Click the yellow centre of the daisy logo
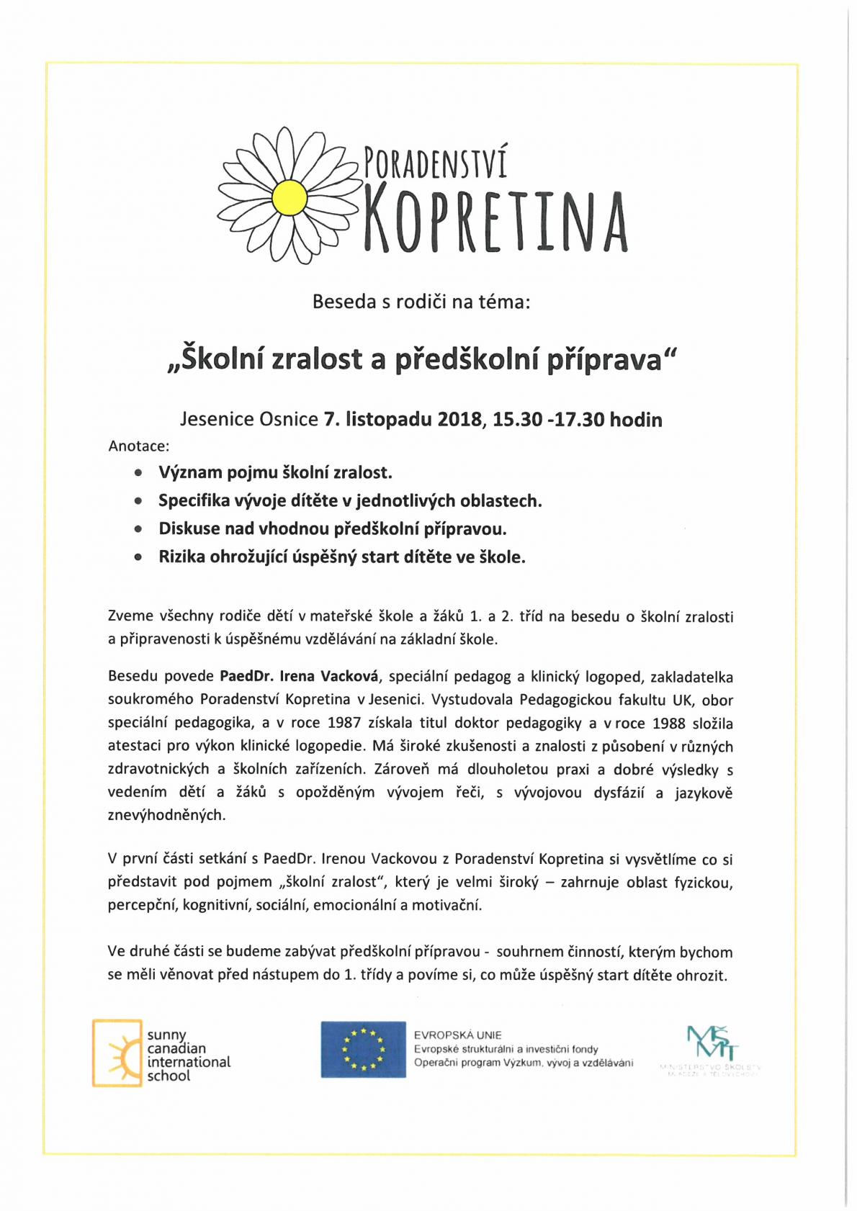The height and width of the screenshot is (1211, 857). (x=290, y=197)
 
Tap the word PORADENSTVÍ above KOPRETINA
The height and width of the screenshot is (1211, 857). (x=435, y=161)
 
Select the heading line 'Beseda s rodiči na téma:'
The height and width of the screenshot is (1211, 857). (x=421, y=302)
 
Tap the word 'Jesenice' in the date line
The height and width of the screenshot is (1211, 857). (x=212, y=419)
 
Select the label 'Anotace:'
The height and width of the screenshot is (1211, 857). (x=139, y=446)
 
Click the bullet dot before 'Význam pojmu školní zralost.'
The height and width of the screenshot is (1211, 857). (x=138, y=474)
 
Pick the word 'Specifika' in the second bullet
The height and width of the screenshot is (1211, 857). (x=191, y=501)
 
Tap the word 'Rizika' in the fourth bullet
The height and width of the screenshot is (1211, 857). (x=180, y=557)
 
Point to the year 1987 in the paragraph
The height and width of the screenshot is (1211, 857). (x=344, y=723)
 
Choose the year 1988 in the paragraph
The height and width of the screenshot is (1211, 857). (x=669, y=723)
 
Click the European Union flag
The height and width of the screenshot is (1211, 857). (x=363, y=1049)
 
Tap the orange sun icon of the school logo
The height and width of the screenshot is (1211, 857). (x=117, y=1053)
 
